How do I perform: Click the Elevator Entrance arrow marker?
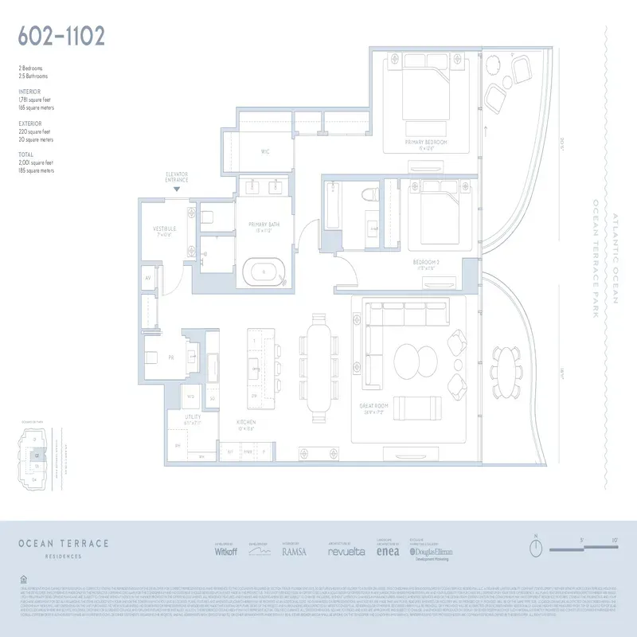pyautogui.click(x=177, y=189)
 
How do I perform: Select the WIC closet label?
pyautogui.click(x=266, y=151)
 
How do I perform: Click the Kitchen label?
pyautogui.click(x=245, y=425)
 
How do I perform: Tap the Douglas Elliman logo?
pyautogui.click(x=432, y=551)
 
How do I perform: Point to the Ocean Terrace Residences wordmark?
pyautogui.click(x=63, y=545)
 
